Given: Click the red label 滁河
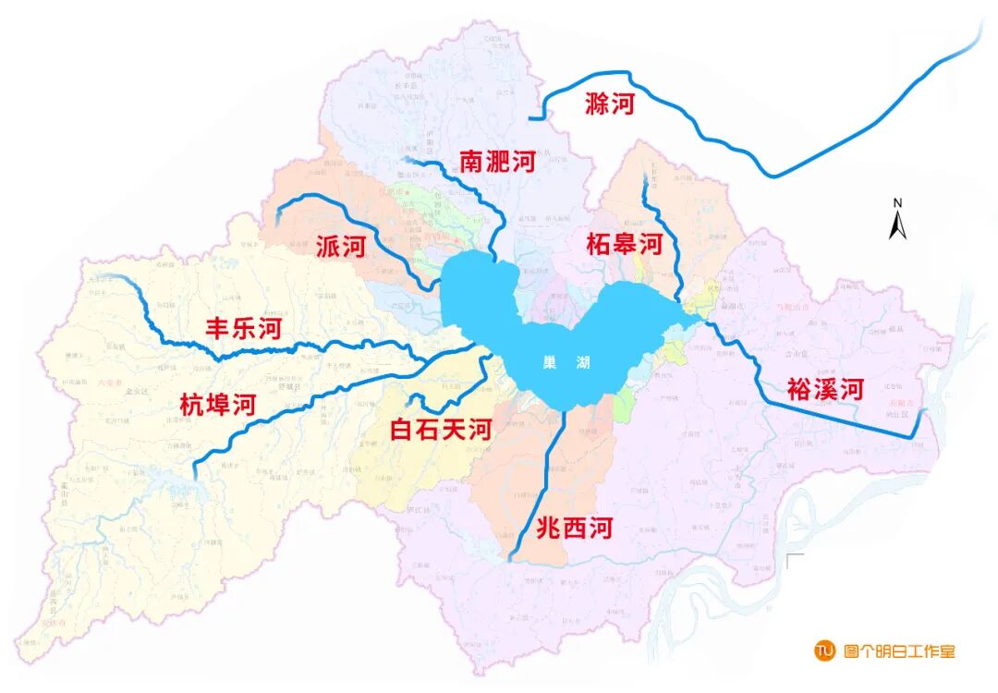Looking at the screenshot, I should coord(610,103).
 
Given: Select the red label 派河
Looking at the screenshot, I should coord(341,247).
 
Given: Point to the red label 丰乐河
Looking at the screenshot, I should coord(242,329).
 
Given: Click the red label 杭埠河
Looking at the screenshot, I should coord(217,404).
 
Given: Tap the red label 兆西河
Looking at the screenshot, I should coord(575,529).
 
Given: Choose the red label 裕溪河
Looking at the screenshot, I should coord(825,389).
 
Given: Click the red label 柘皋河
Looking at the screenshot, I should coord(625,245).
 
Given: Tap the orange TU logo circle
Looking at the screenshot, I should coord(823,650).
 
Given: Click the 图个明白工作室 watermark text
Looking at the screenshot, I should coord(899,650).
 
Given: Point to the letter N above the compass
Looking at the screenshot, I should coord(897,203).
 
